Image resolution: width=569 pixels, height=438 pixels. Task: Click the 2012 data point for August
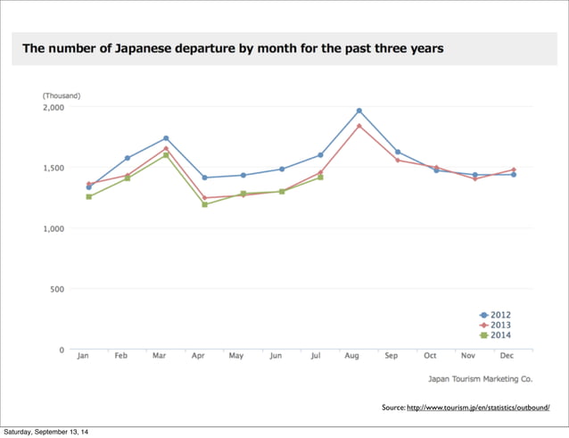pos(359,111)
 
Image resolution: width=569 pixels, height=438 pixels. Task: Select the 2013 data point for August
pos(359,126)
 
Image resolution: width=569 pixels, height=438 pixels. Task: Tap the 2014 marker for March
pos(166,155)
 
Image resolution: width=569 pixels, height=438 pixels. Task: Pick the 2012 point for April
pos(204,178)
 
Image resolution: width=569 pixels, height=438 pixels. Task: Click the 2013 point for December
pos(513,169)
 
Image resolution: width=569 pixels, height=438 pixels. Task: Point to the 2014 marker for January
pos(89,196)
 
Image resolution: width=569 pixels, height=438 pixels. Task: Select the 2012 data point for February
pos(128,158)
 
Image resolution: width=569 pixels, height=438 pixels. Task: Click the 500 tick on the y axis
pos(57,289)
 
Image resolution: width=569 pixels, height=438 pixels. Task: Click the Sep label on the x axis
pos(391,356)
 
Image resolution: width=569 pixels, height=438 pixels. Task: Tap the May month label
pos(236,356)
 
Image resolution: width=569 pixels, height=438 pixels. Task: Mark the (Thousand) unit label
pos(61,95)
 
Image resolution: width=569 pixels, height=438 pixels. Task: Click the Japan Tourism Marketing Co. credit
pos(481,378)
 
